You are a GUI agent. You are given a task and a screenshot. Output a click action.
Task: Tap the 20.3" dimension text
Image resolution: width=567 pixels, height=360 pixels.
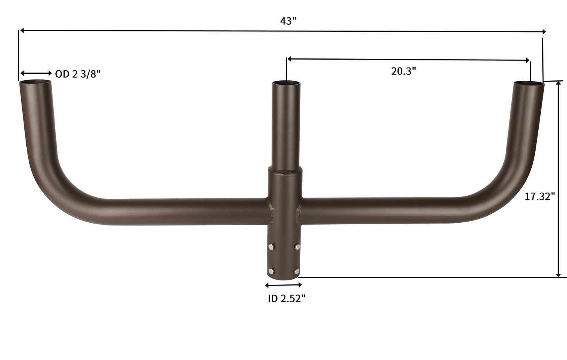point(403,71)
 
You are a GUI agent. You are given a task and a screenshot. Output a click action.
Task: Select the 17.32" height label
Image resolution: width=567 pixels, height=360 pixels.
point(540,196)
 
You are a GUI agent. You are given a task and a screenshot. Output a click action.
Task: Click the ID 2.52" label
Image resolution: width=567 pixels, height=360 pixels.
point(286,298)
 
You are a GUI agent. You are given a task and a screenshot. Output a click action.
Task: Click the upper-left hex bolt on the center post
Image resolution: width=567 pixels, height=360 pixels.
point(271,247)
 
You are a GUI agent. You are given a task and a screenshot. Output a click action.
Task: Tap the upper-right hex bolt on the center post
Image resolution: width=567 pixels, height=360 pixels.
point(297,247)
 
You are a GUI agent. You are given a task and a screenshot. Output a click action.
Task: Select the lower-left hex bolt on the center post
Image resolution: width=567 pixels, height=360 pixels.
point(271,271)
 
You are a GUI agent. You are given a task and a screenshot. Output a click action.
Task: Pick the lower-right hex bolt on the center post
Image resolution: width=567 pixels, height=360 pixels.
point(297,271)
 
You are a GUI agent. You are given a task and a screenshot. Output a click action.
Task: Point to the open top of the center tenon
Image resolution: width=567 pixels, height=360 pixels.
point(286,83)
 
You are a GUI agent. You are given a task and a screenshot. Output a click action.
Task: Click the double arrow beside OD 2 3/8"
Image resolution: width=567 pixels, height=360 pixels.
point(36,73)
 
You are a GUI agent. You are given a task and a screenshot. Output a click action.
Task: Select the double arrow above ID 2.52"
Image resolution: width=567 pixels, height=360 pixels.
point(284,285)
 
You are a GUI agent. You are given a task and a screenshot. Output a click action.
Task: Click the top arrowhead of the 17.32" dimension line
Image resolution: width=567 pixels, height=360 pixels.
point(558,85)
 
